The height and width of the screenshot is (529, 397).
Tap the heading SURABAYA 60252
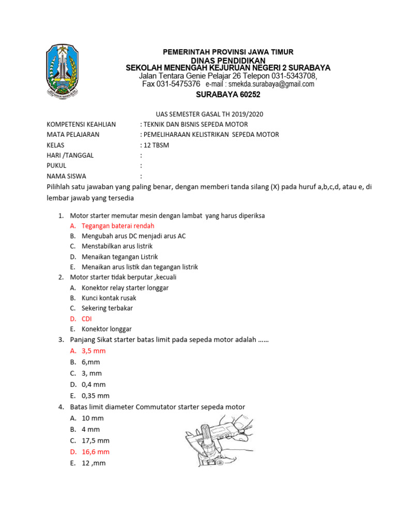pos(228,95)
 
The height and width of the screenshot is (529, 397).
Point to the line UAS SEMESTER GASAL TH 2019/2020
pos(213,114)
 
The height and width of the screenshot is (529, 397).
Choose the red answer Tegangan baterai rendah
pos(118,226)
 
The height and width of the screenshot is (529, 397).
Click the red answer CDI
pos(87,319)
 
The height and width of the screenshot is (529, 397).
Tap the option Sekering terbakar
pos(107,308)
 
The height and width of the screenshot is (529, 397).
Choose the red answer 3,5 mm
pos(94,351)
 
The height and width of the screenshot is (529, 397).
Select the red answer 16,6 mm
pos(96,452)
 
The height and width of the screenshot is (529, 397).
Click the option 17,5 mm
pos(96,441)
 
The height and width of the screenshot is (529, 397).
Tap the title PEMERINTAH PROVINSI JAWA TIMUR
pos(228,52)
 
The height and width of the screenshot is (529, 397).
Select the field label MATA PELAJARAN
pos(73,135)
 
